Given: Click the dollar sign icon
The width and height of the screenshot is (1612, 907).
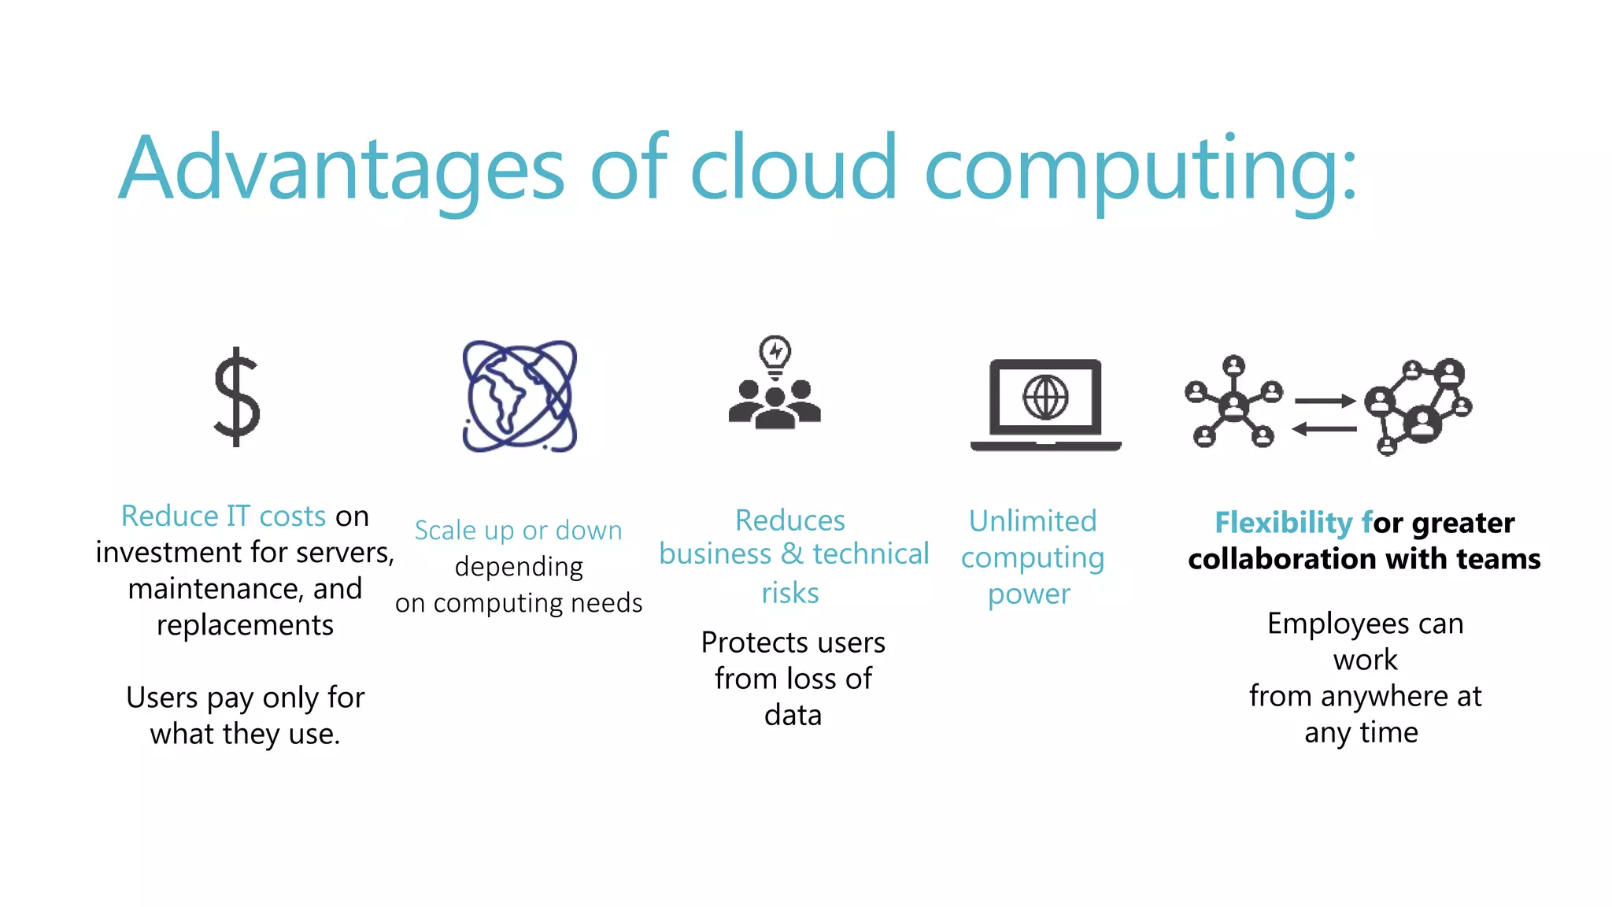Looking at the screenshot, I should (237, 397).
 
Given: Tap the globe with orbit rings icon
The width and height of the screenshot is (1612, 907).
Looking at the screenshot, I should (519, 396).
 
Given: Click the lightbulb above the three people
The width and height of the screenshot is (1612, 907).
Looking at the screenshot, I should (775, 354).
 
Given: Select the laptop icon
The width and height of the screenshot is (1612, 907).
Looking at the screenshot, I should (1045, 405).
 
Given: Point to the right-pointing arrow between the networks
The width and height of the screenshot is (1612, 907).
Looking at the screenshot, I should (1325, 401).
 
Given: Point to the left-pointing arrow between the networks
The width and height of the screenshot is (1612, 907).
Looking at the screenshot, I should (1324, 429).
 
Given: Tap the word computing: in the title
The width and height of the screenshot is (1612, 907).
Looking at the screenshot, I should (1141, 169).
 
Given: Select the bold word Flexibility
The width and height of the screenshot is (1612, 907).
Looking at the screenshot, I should (1283, 523).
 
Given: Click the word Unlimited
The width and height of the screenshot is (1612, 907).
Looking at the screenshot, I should (1033, 521).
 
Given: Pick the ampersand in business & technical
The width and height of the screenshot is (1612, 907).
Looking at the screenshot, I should (793, 554).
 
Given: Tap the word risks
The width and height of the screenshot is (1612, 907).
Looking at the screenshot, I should (790, 593).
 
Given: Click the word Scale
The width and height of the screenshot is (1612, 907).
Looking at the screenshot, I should (446, 531).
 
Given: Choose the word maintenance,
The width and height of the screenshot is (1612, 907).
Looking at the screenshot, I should (245, 589).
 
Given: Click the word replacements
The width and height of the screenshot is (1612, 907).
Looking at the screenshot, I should (245, 625).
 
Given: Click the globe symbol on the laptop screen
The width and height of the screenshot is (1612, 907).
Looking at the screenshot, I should (1045, 398).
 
